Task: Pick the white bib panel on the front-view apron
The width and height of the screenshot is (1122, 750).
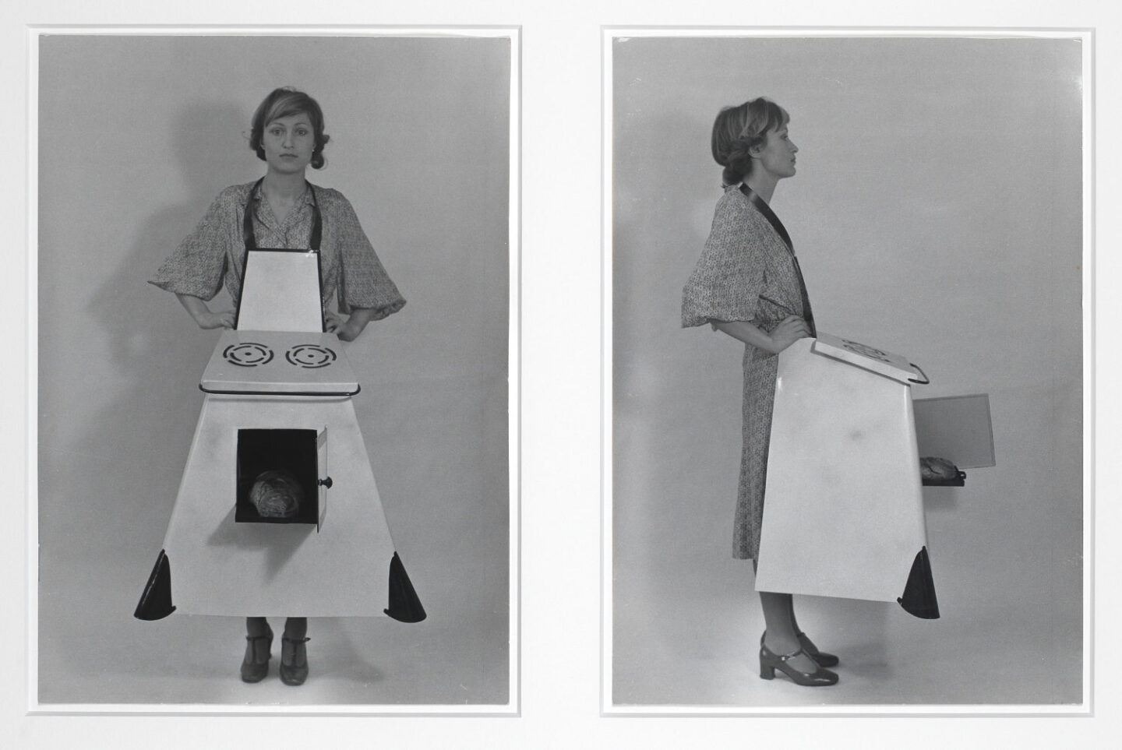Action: tap(279, 290)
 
